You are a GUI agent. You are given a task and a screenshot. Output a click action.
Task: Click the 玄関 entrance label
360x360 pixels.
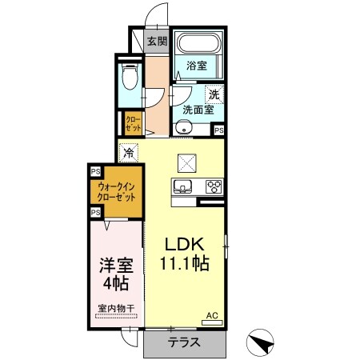[156, 42]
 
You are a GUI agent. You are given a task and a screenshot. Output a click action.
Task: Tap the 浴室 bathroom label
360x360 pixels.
[197, 66]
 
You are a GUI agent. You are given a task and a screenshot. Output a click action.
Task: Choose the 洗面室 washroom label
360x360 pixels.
[196, 110]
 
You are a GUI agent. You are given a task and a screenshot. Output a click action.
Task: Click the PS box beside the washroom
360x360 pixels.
[218, 130]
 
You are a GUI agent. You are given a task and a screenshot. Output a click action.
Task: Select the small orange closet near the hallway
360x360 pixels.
[133, 123]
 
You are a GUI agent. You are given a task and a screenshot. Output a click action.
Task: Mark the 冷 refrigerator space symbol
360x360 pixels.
[129, 150]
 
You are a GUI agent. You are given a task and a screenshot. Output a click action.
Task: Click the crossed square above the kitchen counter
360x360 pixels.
[187, 162]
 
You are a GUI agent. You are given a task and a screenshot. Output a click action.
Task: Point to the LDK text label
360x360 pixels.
[186, 244]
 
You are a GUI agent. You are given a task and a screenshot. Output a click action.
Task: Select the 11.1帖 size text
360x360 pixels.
[186, 264]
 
